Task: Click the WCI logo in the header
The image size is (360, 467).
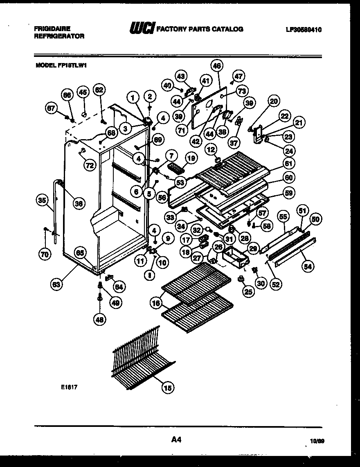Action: [142, 29]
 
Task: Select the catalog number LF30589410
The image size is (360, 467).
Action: [304, 29]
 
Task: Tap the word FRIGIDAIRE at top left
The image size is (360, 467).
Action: [52, 29]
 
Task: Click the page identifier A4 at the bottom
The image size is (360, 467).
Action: [176, 440]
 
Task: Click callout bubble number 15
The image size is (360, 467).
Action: [167, 387]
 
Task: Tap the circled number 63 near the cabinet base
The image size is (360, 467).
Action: [58, 284]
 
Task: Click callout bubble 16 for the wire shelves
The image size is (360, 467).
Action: [155, 304]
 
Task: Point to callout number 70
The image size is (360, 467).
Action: [44, 254]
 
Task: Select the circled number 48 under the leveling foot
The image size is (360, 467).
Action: [99, 320]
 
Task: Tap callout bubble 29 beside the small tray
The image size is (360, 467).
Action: [253, 248]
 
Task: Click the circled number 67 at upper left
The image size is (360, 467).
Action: [51, 108]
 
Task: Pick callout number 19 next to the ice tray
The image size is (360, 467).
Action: [191, 158]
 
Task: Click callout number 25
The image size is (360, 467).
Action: [248, 291]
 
